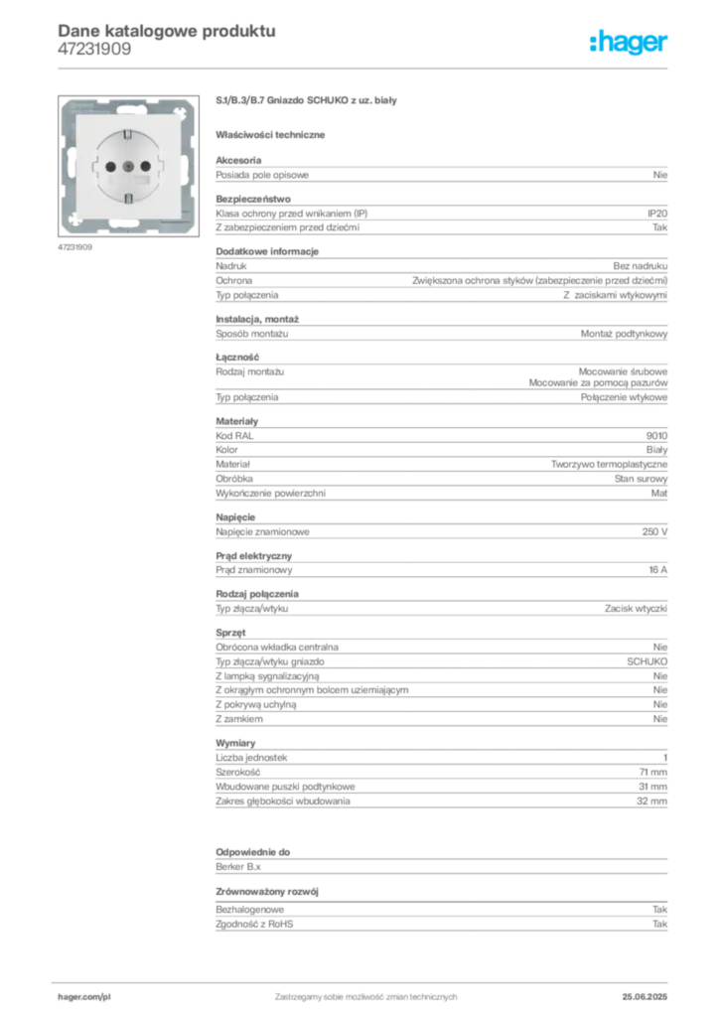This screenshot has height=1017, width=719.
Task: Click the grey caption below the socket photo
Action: click(75, 246)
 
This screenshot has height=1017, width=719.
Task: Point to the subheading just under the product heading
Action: click(273, 133)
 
